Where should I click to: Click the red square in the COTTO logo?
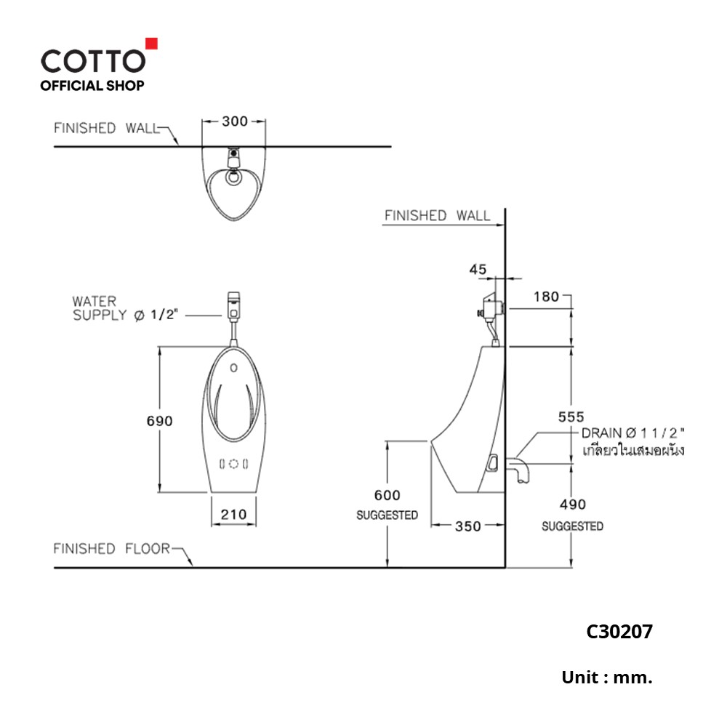click(x=152, y=43)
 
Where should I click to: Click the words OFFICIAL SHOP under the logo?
click(x=92, y=86)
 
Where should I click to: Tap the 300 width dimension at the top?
click(x=234, y=121)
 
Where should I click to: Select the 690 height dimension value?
click(x=159, y=421)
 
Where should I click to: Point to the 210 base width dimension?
click(x=233, y=515)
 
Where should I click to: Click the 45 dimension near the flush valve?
click(x=478, y=269)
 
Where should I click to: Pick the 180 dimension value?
click(x=546, y=296)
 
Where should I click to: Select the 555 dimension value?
click(x=572, y=417)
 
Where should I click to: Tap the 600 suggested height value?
click(x=387, y=495)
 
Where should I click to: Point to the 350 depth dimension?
click(x=467, y=526)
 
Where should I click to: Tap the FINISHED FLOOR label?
click(x=111, y=549)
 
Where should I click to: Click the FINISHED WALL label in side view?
click(x=437, y=216)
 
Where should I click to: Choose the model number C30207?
click(x=619, y=632)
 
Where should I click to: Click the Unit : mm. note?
click(x=607, y=678)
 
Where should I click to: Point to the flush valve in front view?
click(x=233, y=305)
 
